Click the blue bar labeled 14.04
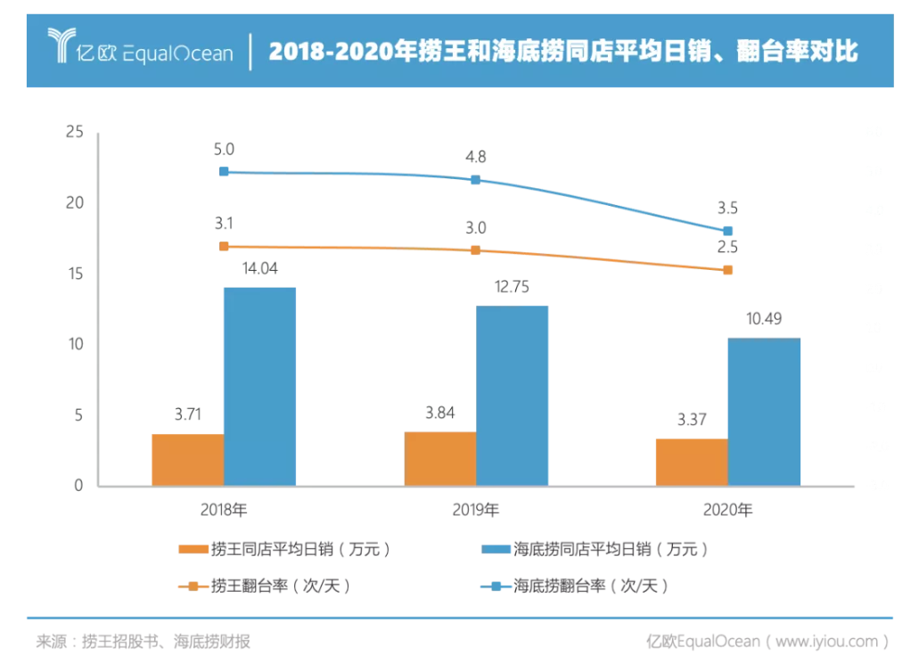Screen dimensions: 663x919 [x=259, y=387]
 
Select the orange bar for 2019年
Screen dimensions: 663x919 [x=439, y=459]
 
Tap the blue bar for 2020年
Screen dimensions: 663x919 [x=764, y=412]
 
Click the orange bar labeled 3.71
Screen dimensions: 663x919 [x=187, y=460]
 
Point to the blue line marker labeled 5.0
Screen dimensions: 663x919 [x=224, y=171]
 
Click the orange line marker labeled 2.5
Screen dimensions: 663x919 [x=727, y=269]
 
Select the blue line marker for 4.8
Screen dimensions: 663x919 [x=475, y=179]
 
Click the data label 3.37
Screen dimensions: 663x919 [x=691, y=420]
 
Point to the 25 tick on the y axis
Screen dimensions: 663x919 [x=74, y=133]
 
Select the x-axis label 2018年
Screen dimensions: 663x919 [x=224, y=511]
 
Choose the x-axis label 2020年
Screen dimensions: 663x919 [x=727, y=511]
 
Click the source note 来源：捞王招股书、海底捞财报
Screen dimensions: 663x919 [x=143, y=641]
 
